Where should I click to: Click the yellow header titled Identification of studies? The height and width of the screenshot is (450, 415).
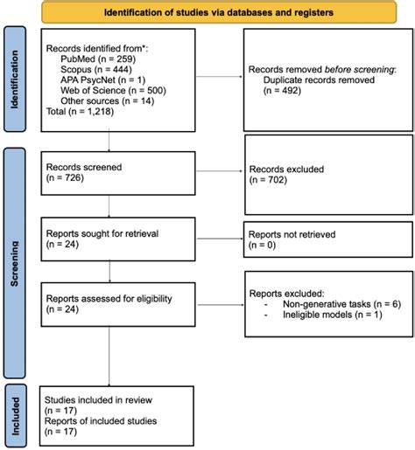coord(219,14)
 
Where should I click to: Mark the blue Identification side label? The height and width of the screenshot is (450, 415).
coord(16,84)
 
